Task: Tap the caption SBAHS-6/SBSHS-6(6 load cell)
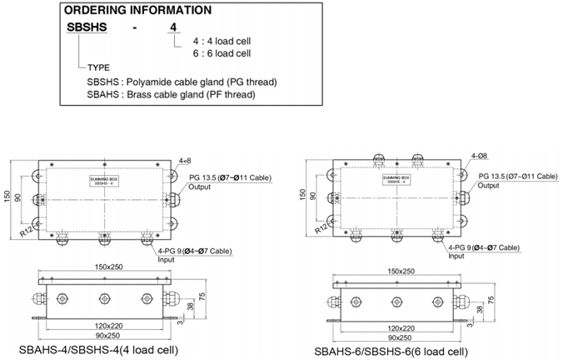click(x=391, y=351)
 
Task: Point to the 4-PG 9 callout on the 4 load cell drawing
click(x=194, y=251)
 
